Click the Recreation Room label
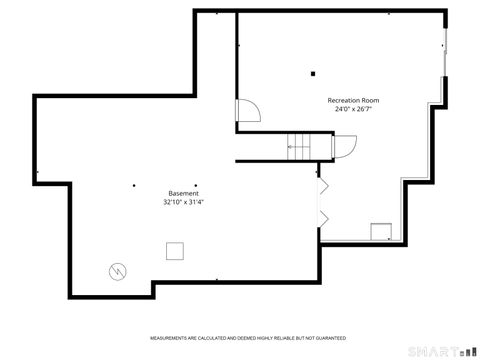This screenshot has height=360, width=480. pyautogui.click(x=354, y=101)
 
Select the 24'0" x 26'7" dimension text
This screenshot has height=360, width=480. pyautogui.click(x=354, y=109)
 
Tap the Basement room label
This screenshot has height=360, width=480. pyautogui.click(x=183, y=193)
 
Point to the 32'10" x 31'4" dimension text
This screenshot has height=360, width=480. pyautogui.click(x=183, y=201)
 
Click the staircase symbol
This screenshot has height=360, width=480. pyautogui.click(x=301, y=146)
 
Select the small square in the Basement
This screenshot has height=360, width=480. pyautogui.click(x=175, y=250)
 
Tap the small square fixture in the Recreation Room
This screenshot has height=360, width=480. pyautogui.click(x=380, y=232)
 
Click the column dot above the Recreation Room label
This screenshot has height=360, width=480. pyautogui.click(x=313, y=73)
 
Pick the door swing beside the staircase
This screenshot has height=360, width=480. pyautogui.click(x=343, y=147)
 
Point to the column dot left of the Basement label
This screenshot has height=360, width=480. pyautogui.click(x=133, y=184)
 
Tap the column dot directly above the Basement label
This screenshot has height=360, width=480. pyautogui.click(x=196, y=184)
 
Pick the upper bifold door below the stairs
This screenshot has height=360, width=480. pyautogui.click(x=322, y=186)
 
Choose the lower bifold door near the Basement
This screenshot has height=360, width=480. pyautogui.click(x=322, y=217)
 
